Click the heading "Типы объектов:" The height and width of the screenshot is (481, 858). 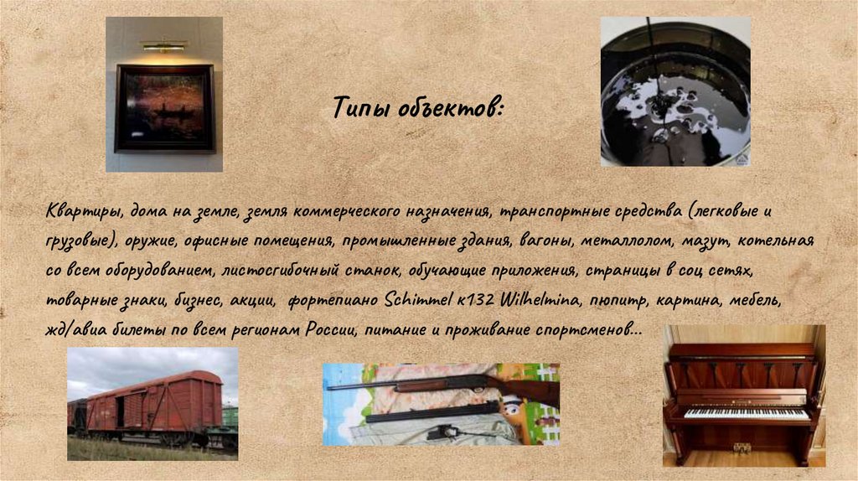click(418, 108)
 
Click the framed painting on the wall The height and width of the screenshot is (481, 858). click(164, 107)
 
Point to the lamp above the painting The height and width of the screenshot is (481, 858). click(163, 46)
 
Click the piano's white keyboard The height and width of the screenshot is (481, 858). click(746, 414)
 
